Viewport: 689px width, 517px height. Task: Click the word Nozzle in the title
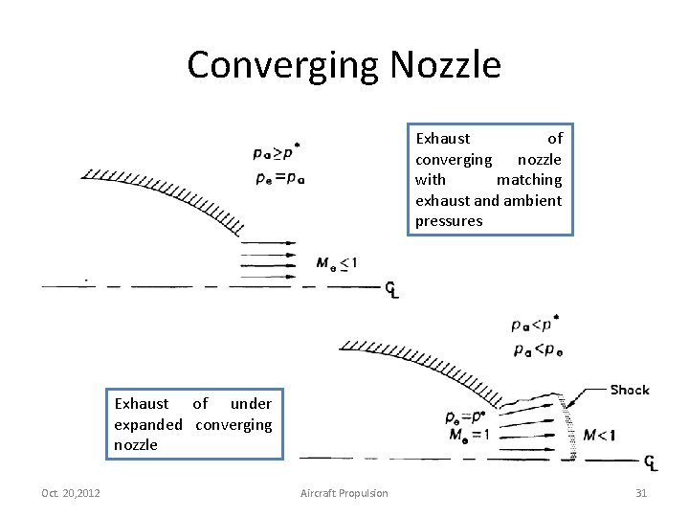click(x=445, y=65)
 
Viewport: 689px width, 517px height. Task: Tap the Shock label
click(x=630, y=390)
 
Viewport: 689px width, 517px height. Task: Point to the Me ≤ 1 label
click(x=338, y=263)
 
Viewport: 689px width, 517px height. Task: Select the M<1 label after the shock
click(x=600, y=436)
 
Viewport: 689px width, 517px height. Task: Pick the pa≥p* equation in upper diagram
click(x=277, y=150)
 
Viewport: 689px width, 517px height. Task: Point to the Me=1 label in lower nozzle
click(x=468, y=436)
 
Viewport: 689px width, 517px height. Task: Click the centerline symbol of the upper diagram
click(x=390, y=289)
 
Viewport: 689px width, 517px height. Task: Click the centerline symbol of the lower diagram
click(x=651, y=463)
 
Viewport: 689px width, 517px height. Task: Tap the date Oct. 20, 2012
click(x=70, y=493)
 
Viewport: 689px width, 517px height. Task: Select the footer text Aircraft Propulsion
click(x=344, y=493)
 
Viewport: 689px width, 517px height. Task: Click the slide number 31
click(x=641, y=493)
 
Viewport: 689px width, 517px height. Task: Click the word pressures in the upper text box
click(x=449, y=221)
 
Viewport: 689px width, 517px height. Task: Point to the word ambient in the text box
click(x=533, y=200)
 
